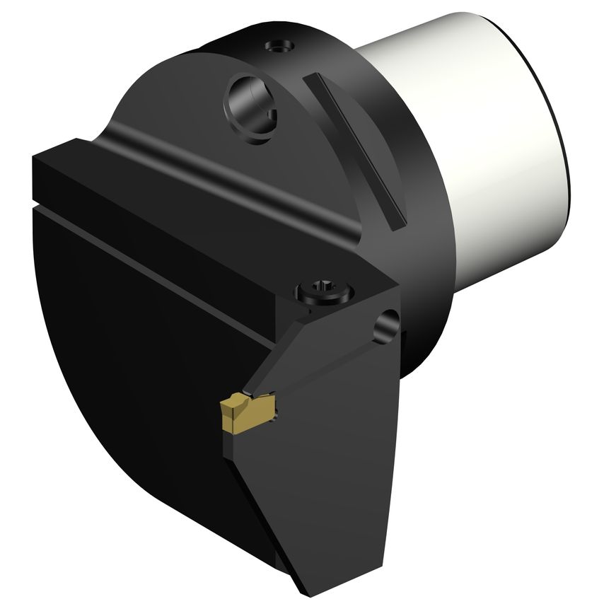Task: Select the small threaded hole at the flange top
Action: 279,47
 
